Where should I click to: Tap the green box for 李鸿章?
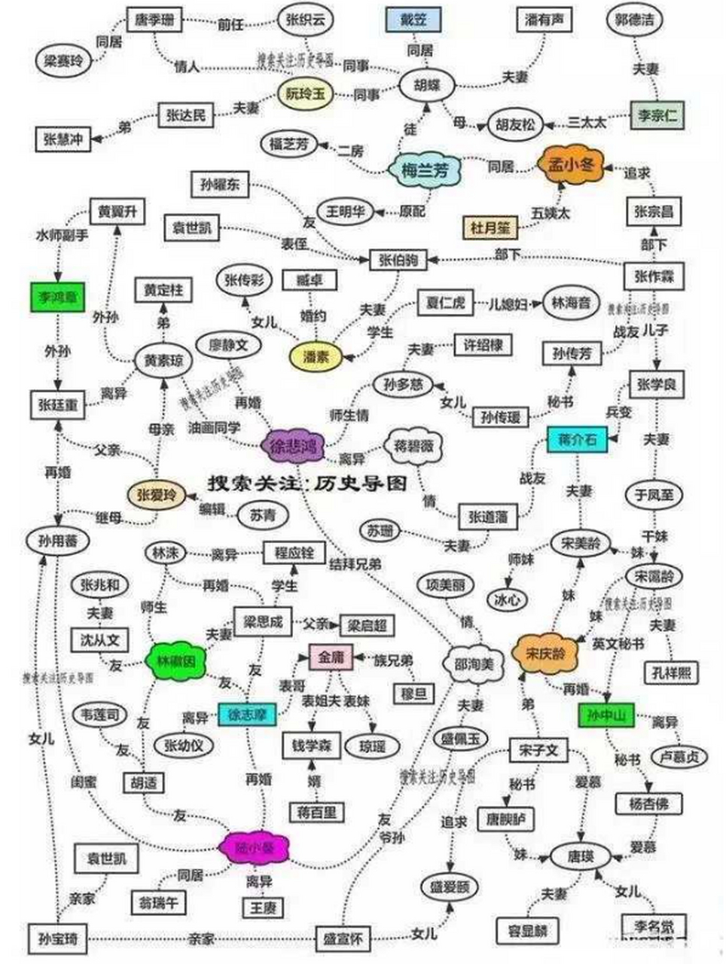(x=58, y=297)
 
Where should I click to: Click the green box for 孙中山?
(x=606, y=715)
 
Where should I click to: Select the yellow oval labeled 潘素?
(x=316, y=357)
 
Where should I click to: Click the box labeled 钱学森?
(x=307, y=746)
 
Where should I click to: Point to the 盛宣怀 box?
(x=343, y=938)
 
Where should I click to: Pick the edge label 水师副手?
(x=62, y=235)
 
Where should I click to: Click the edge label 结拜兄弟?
(x=355, y=563)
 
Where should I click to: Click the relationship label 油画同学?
(x=215, y=427)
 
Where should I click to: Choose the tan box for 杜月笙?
(x=490, y=225)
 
